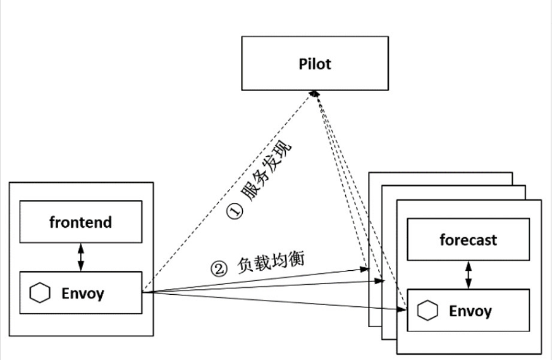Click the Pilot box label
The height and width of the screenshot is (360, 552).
coord(315,64)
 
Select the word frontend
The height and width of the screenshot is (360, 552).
coord(80,222)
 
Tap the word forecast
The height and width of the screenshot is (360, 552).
coord(468,240)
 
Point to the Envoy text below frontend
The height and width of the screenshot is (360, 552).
coord(83,293)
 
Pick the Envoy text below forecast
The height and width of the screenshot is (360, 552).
coord(470,311)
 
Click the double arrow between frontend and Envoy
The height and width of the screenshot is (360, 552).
coord(80,257)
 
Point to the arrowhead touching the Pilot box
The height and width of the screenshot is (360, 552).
coord(314,93)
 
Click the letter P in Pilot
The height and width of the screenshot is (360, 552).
coord(303,64)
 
